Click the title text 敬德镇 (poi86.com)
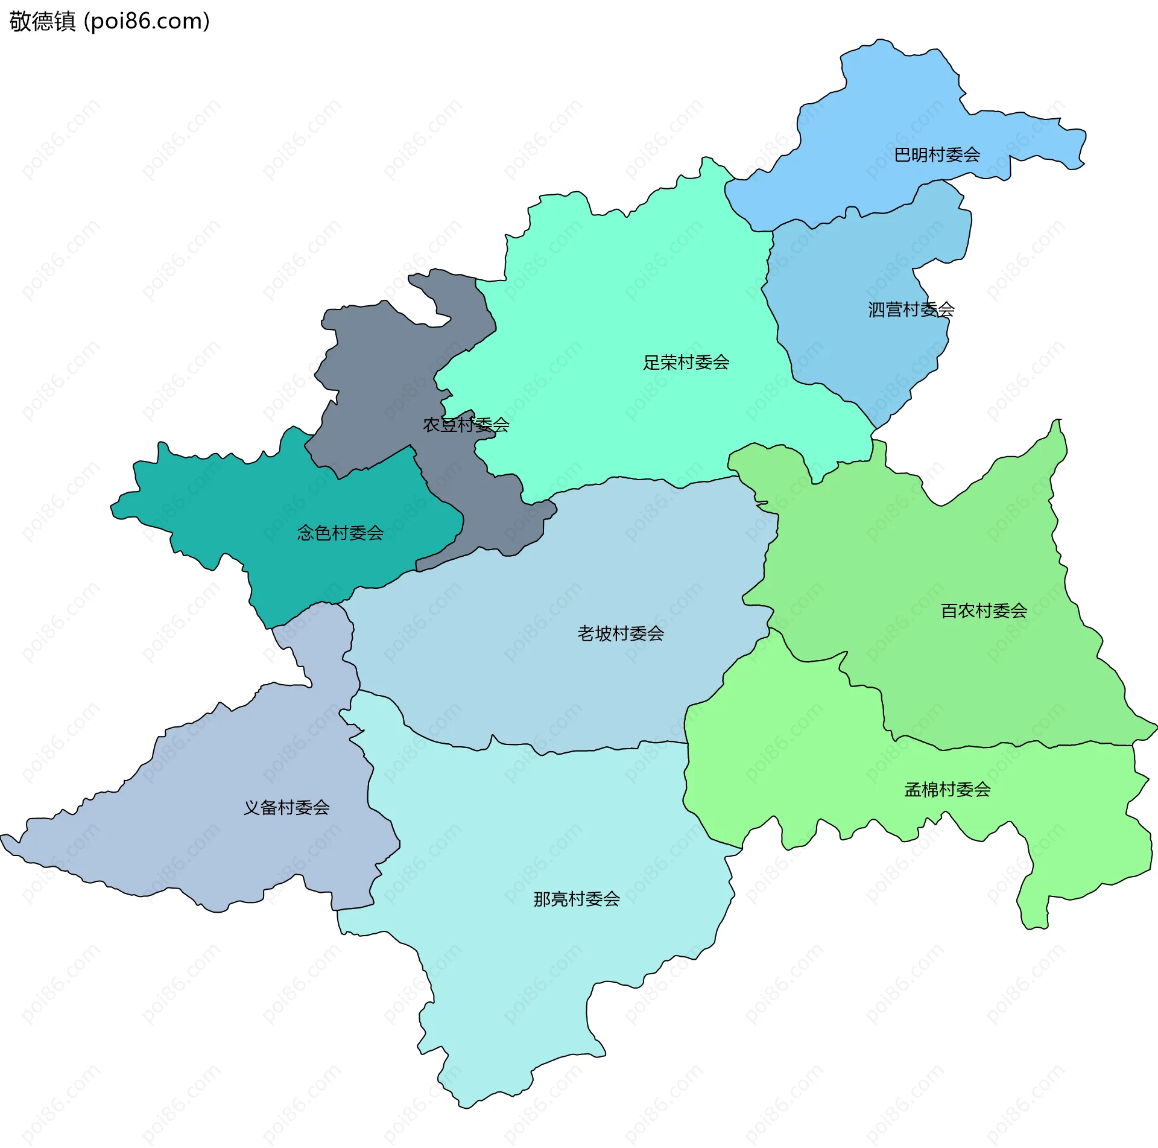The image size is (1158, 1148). [x=109, y=21]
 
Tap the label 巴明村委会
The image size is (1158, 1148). [x=937, y=155]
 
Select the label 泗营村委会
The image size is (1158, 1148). [x=911, y=309]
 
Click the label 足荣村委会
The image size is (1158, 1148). [x=686, y=363]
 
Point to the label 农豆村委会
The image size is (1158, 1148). [x=466, y=425]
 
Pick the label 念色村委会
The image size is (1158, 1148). [x=340, y=533]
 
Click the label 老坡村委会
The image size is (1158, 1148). [x=621, y=633]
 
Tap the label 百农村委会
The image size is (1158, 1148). [x=984, y=611]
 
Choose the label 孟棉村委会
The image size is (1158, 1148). [x=948, y=790]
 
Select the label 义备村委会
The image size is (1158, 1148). [x=286, y=808]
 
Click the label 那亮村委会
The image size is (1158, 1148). [x=577, y=899]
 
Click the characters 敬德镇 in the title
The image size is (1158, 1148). [x=42, y=21]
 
